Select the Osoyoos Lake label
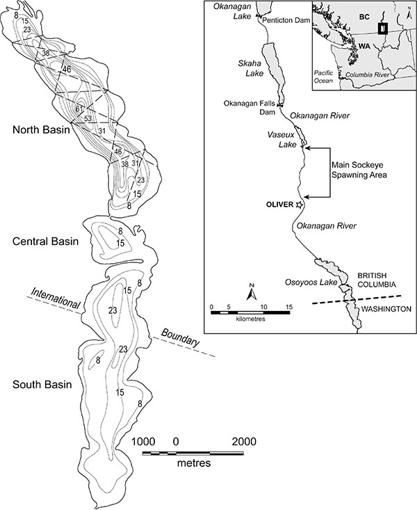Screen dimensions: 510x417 pos(311,282)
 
